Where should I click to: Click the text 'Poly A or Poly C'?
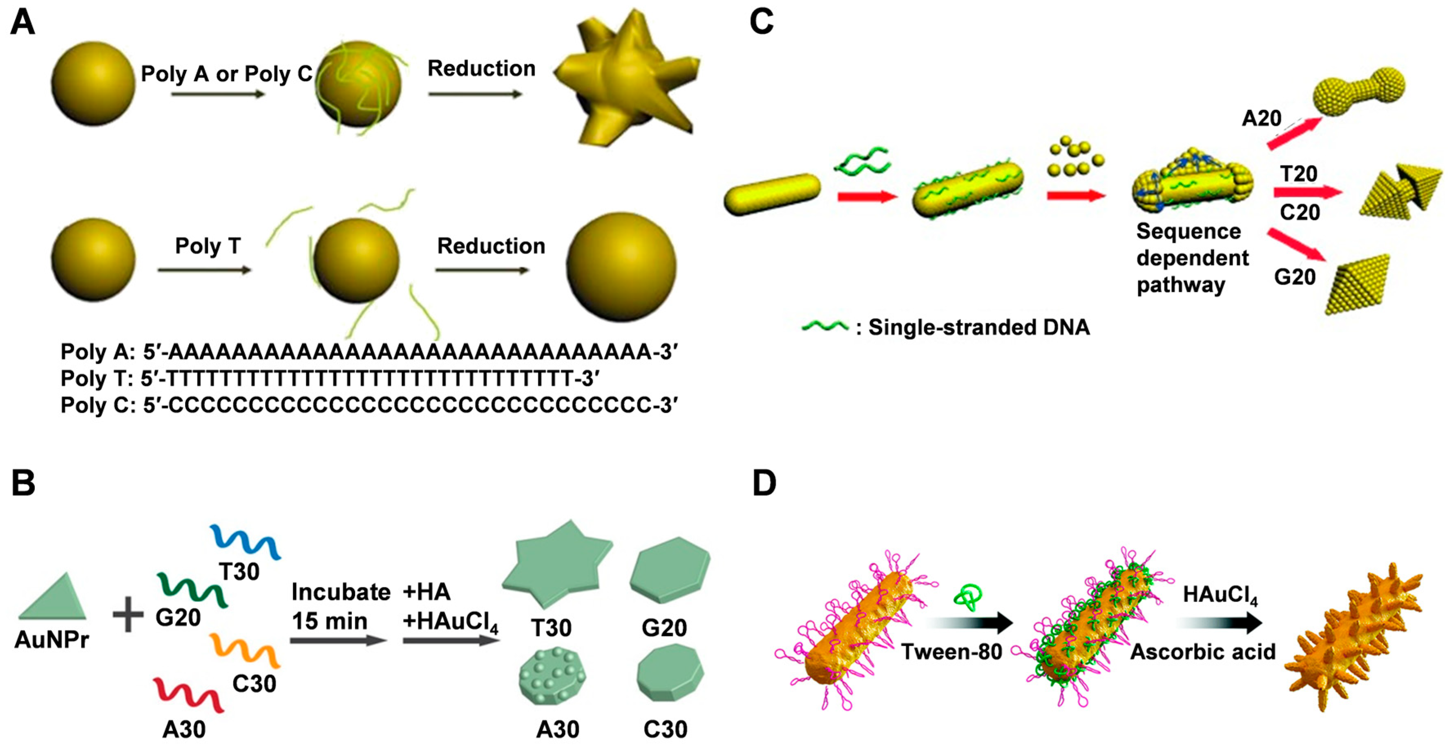[x=226, y=74]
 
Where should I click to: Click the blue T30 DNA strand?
[x=246, y=542]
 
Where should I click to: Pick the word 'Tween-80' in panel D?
[x=951, y=652]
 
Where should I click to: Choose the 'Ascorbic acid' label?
[x=1202, y=652]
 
